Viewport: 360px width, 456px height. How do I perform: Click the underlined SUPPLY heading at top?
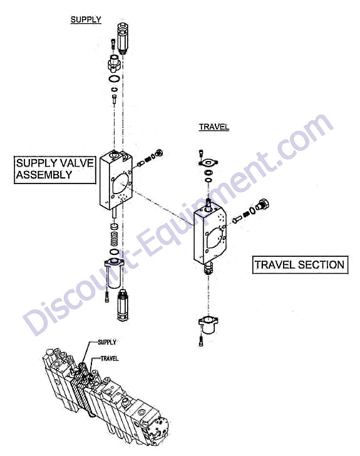coord(86,20)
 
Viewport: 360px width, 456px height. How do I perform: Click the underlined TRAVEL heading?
coord(214,127)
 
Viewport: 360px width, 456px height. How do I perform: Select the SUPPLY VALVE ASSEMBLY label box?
coord(55,170)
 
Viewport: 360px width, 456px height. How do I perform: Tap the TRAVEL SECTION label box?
coord(300,264)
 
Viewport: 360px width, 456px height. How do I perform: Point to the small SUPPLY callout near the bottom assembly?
coord(107,342)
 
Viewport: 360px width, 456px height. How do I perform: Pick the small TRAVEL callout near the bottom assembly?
coord(110,358)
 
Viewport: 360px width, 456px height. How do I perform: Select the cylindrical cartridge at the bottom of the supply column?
coord(123,305)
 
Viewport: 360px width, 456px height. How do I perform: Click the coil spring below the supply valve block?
coord(115,239)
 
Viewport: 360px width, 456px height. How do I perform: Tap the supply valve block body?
coord(116,180)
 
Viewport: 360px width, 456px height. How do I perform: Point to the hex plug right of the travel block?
coord(264,204)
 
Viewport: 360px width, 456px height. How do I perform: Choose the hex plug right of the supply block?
coord(159,153)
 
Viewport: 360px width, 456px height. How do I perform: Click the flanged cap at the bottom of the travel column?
coord(208,324)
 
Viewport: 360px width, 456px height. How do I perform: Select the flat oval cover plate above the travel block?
coord(208,162)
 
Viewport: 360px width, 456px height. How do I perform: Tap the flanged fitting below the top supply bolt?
coord(115,63)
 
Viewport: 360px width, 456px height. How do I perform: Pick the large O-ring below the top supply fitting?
coord(114,79)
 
